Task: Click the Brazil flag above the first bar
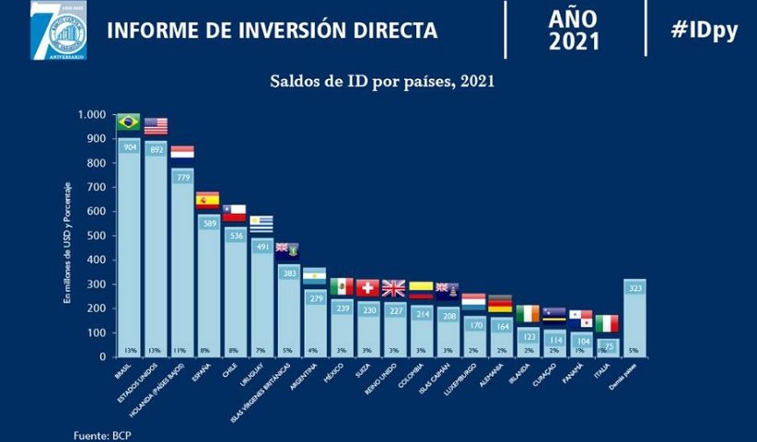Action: (x=128, y=122)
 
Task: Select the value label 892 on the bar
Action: (x=156, y=149)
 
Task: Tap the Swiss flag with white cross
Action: (x=367, y=287)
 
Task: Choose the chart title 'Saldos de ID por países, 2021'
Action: (x=382, y=81)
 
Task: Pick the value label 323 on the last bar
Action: (x=635, y=289)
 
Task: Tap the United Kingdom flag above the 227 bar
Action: (x=393, y=288)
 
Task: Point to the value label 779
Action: (x=182, y=177)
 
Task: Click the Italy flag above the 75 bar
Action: (x=607, y=323)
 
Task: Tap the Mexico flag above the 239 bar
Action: (x=342, y=286)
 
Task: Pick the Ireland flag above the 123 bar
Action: (x=528, y=314)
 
